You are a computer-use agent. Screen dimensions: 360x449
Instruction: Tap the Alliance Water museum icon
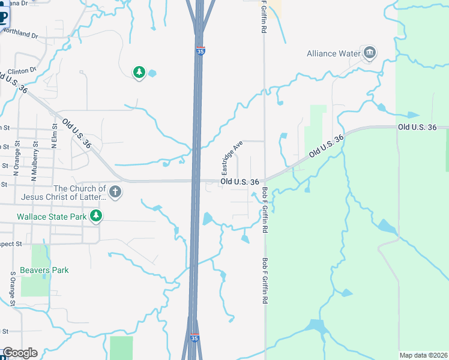369,53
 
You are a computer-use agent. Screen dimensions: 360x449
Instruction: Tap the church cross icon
115,193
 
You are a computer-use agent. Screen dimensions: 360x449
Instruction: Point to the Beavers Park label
44,270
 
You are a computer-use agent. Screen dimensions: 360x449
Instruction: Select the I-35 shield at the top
200,52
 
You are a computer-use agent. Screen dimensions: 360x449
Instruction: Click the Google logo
20,353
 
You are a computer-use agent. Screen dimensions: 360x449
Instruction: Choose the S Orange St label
12,289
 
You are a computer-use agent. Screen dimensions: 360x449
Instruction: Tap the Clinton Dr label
22,71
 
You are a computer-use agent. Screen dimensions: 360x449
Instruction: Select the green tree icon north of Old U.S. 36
139,73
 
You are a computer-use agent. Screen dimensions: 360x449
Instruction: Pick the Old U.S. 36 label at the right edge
423,127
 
